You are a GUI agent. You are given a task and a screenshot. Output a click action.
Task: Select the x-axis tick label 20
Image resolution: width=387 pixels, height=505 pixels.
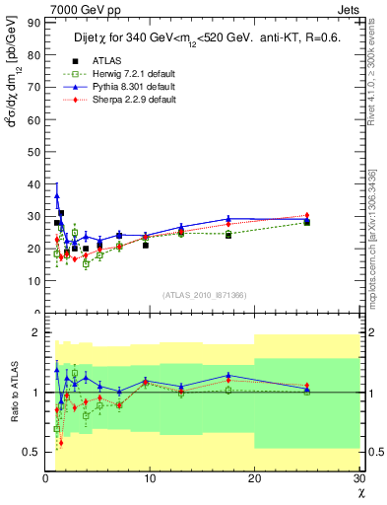pyautogui.click(x=254, y=478)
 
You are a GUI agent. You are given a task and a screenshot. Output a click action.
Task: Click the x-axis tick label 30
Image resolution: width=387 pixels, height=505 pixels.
pyautogui.click(x=358, y=478)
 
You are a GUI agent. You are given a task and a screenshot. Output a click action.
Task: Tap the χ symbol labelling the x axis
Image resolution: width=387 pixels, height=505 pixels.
pyautogui.click(x=360, y=492)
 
